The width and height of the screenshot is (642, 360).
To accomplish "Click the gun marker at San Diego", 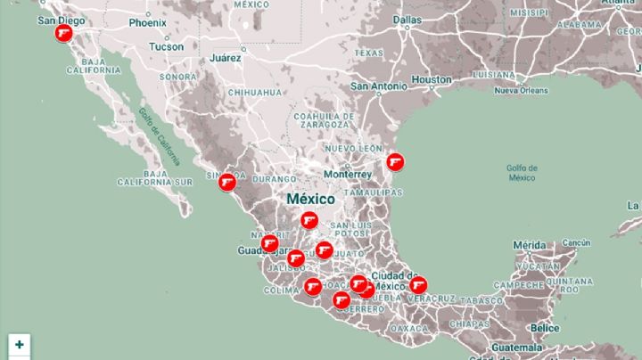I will tap(63, 34).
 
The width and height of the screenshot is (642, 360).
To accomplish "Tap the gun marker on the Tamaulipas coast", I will tap(394, 162).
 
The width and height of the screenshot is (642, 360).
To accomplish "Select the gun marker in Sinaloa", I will tap(227, 183).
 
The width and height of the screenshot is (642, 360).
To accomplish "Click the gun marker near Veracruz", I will tap(417, 286).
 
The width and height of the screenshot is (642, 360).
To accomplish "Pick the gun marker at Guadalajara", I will tap(269, 243).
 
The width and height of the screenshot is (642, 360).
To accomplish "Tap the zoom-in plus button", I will tap(19, 344).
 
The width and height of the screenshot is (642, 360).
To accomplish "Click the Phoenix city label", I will tap(147, 22).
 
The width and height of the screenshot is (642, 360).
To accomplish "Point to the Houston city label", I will tap(432, 79).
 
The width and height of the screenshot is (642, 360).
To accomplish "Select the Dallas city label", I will tap(407, 19).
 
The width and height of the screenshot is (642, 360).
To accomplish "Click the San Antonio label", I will tap(378, 86).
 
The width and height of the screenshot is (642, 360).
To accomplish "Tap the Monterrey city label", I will tap(347, 175).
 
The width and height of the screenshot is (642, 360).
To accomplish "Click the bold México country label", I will tap(310, 199).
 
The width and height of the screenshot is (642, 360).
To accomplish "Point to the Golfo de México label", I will tap(522, 172).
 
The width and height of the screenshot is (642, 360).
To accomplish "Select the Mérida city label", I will tap(529, 245).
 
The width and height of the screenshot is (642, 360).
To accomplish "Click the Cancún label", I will tap(577, 242).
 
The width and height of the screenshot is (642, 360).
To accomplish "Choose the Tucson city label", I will tap(167, 46).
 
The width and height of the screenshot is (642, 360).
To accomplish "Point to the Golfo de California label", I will tap(159, 136).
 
